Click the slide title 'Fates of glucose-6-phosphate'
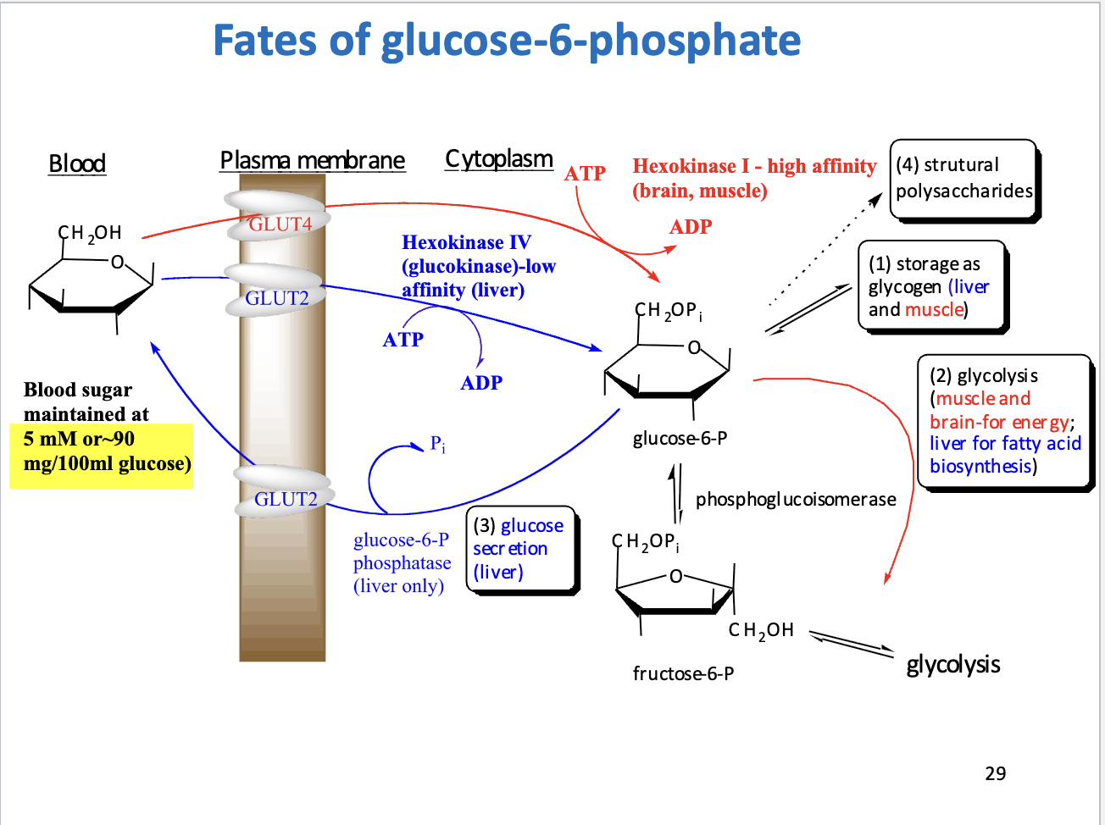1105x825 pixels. [x=507, y=40]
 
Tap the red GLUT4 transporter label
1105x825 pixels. [x=280, y=224]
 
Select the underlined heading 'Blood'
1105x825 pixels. [x=77, y=163]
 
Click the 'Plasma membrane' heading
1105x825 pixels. [x=312, y=160]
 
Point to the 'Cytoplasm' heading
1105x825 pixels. [x=499, y=158]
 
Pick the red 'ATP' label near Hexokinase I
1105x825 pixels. [x=586, y=173]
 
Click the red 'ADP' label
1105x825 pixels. [x=691, y=227]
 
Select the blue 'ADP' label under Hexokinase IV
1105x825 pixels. [x=481, y=383]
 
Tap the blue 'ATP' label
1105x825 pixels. [x=403, y=340]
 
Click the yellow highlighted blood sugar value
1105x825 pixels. [x=102, y=451]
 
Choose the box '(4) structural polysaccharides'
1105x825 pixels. [x=963, y=179]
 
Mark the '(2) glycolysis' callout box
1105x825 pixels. [x=1004, y=421]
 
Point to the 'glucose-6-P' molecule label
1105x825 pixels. [x=680, y=439]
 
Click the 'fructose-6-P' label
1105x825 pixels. [x=683, y=673]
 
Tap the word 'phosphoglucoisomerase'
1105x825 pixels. [x=796, y=500]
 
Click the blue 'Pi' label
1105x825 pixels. [x=437, y=444]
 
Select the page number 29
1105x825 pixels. [x=996, y=772]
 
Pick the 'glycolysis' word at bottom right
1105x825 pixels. [x=953, y=664]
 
